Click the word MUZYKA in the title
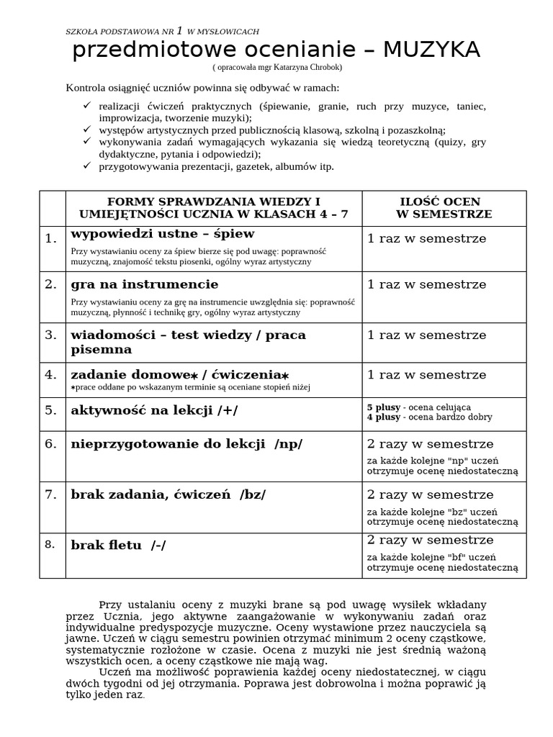431,50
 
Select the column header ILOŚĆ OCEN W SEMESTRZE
444,208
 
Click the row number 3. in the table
50,335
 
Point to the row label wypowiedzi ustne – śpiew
162,234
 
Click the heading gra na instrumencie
144,284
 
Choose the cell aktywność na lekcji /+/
154,410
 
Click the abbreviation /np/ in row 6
288,444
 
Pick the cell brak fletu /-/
118,545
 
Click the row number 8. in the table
50,544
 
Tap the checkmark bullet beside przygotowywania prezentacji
86,166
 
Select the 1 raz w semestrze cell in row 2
426,284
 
